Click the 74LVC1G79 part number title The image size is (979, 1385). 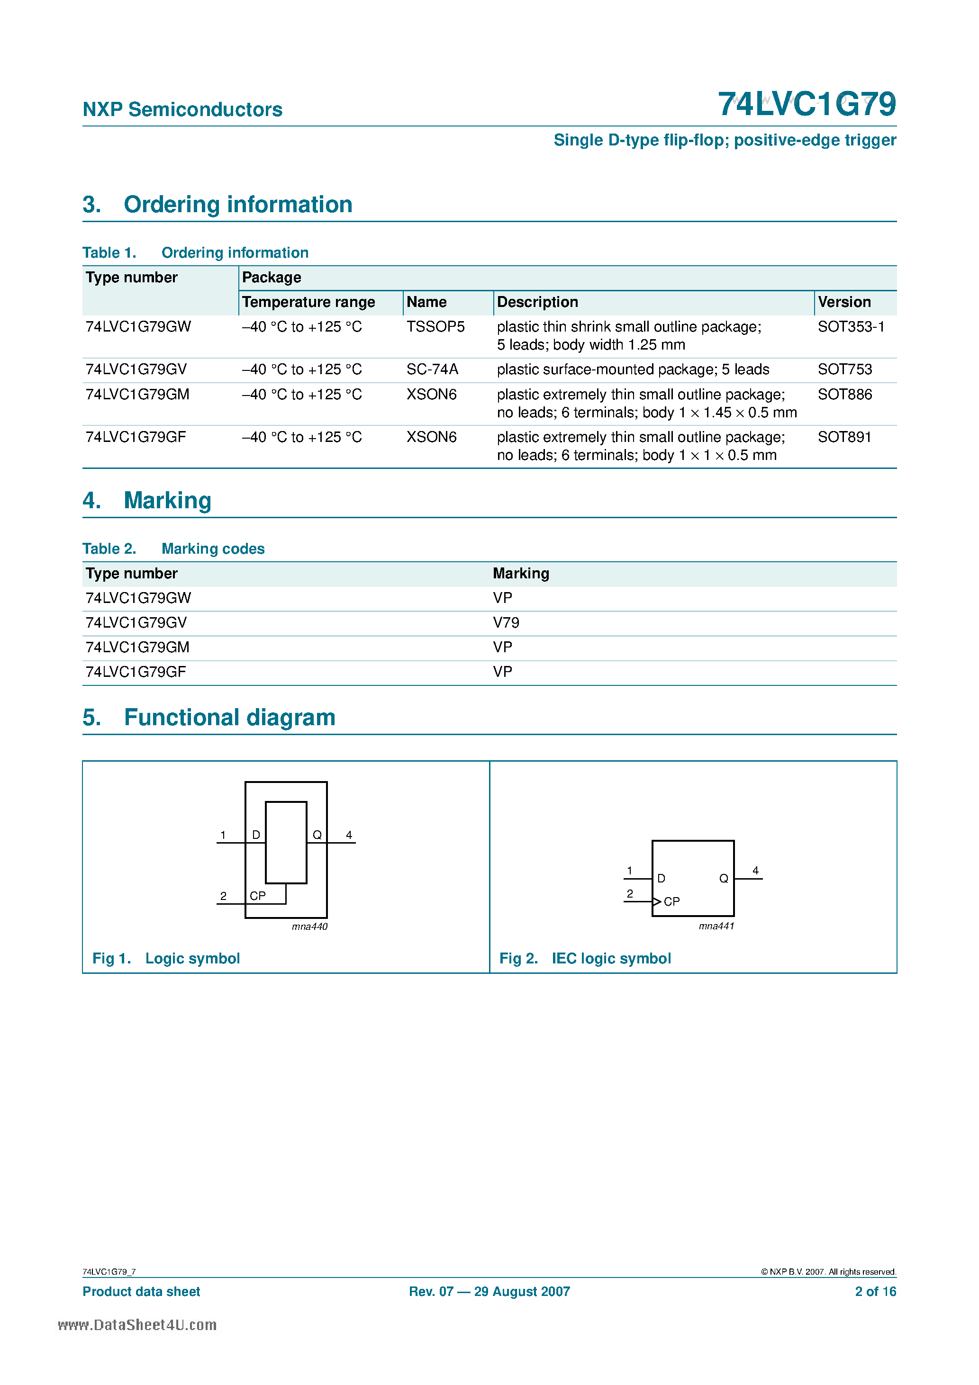pyautogui.click(x=807, y=104)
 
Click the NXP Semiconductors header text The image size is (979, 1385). pyautogui.click(x=182, y=110)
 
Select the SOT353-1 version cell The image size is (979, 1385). pyautogui.click(x=851, y=327)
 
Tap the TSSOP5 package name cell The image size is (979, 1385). pyautogui.click(x=435, y=327)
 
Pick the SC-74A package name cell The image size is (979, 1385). pyautogui.click(x=432, y=369)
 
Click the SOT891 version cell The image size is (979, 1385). pyautogui.click(x=844, y=437)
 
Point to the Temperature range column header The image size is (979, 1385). pyautogui.click(x=308, y=302)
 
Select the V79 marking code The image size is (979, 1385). pyautogui.click(x=506, y=622)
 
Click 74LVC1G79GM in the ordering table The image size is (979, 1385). pyautogui.click(x=137, y=395)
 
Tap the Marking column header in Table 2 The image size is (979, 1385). pyautogui.click(x=521, y=574)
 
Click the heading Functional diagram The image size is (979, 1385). pyautogui.click(x=229, y=718)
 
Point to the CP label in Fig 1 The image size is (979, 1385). pyautogui.click(x=258, y=896)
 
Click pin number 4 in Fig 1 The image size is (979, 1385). pyautogui.click(x=349, y=836)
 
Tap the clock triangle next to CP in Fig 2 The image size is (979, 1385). pyautogui.click(x=657, y=902)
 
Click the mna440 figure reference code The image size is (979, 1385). pyautogui.click(x=309, y=926)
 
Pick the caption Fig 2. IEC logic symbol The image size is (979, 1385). pyautogui.click(x=584, y=959)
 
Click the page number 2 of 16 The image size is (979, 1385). pyautogui.click(x=875, y=1292)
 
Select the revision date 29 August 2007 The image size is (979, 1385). pyautogui.click(x=522, y=1292)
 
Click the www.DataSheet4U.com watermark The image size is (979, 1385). pyautogui.click(x=137, y=1325)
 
